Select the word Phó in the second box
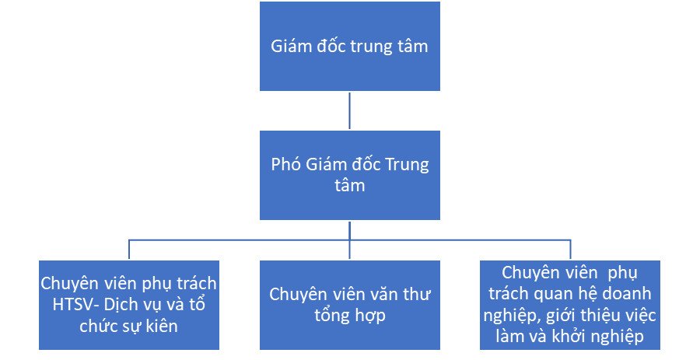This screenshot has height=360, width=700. [x=286, y=165]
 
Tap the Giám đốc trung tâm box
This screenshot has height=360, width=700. [x=350, y=47]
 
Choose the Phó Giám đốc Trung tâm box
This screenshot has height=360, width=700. [x=350, y=175]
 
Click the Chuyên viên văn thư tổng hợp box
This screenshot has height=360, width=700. [x=350, y=305]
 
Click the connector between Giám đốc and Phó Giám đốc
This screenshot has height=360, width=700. [x=349, y=110]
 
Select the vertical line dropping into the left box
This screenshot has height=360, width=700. [x=129, y=250]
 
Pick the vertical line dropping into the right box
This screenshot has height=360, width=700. [x=570, y=250]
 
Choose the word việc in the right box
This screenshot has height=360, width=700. [x=639, y=316]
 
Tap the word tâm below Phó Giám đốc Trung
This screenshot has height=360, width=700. [x=350, y=186]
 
